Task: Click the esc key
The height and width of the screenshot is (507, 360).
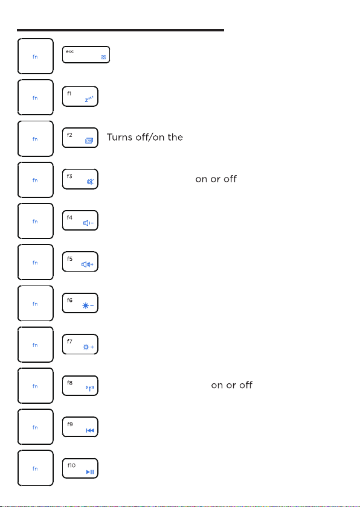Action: click(86, 55)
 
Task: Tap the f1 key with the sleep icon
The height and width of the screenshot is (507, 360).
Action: click(80, 97)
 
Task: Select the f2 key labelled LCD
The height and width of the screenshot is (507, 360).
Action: click(80, 138)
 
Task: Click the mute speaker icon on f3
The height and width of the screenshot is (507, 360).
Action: click(90, 182)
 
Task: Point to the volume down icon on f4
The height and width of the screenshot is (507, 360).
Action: click(88, 223)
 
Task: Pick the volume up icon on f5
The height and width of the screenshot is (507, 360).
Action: click(88, 264)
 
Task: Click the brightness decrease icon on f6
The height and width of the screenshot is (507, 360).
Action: click(88, 305)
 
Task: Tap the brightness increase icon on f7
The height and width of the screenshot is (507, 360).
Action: click(88, 347)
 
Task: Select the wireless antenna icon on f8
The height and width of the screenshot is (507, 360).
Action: click(89, 388)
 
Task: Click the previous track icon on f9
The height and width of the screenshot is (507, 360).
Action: click(90, 430)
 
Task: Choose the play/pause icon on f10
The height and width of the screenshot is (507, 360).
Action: click(90, 472)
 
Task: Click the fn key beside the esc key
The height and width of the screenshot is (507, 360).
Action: click(35, 56)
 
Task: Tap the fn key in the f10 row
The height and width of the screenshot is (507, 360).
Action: click(35, 468)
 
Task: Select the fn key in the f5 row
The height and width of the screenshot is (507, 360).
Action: click(35, 262)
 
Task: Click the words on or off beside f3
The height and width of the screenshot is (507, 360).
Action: click(216, 179)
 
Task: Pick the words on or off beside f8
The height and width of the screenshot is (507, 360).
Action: click(231, 385)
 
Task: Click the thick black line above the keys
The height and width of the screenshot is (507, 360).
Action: click(120, 30)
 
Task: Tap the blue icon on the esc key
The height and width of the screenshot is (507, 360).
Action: click(103, 57)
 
